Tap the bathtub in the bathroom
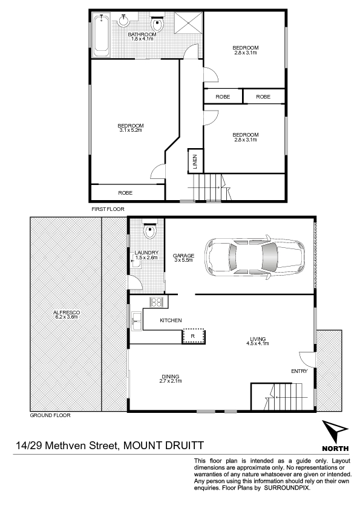(x=102, y=35)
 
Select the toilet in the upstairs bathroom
(x=157, y=21)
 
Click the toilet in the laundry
(x=149, y=230)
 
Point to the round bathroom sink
(x=123, y=20)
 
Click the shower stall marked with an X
(x=188, y=22)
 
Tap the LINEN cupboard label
(x=195, y=161)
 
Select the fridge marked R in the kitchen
(x=194, y=336)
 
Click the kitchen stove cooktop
(x=155, y=302)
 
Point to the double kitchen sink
(x=137, y=322)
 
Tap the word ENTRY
(x=299, y=371)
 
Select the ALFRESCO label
(x=67, y=313)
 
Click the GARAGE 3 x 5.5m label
(x=183, y=258)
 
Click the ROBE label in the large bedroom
(x=125, y=193)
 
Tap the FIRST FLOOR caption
(x=108, y=209)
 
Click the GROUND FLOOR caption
(x=50, y=415)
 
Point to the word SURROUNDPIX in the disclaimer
(x=287, y=488)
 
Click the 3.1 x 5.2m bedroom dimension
(x=131, y=130)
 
